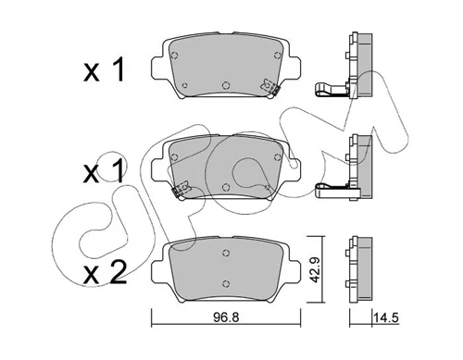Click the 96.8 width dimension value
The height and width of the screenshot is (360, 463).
tap(226, 317)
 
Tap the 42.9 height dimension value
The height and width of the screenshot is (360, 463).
tap(315, 269)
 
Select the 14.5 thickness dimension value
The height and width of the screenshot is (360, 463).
tap(386, 317)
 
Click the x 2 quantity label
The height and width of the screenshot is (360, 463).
tap(105, 273)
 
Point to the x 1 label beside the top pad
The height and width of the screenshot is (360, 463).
tap(104, 70)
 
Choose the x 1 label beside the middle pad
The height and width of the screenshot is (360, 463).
tap(104, 171)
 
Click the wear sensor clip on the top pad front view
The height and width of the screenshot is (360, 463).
tap(269, 87)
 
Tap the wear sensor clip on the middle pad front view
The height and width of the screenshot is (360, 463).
tap(181, 189)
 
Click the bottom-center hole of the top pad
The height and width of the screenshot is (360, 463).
tap(226, 85)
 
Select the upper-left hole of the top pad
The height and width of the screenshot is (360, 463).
tap(174, 56)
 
